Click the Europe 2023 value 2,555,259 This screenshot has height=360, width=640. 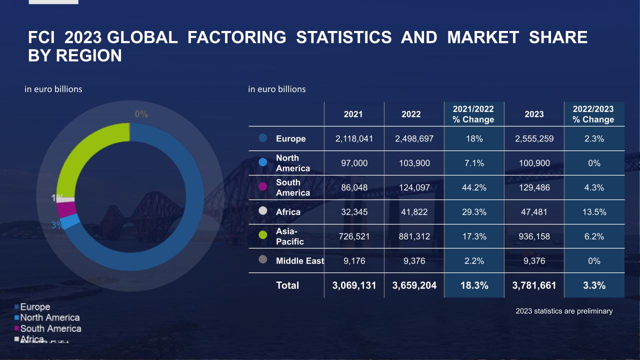[x=534, y=138]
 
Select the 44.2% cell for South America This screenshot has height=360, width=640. [x=474, y=187]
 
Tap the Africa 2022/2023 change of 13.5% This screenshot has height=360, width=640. [x=594, y=212]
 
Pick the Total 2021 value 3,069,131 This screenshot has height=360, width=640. [x=354, y=285]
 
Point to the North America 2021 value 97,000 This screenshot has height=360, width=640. [x=354, y=163]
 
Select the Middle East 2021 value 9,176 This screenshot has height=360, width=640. [x=354, y=260]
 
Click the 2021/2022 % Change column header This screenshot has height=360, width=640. [x=473, y=114]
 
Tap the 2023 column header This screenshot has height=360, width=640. [x=534, y=114]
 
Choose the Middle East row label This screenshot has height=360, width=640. [x=299, y=260]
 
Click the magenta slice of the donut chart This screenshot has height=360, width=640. [x=66, y=208]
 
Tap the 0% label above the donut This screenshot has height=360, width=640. [x=141, y=114]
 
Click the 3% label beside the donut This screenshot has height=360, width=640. [x=57, y=225]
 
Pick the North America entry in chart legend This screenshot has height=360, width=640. [x=49, y=317]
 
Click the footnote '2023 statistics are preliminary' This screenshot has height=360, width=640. [x=563, y=311]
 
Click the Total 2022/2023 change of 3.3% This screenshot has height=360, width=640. [x=594, y=285]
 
